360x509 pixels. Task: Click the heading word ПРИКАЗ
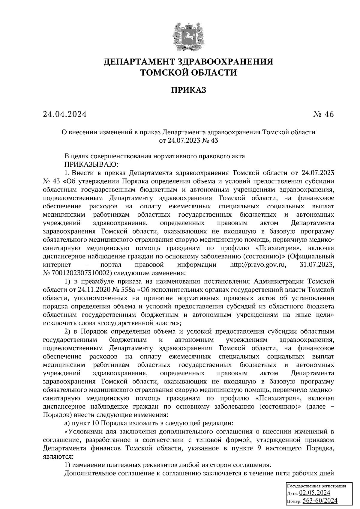point(188,90)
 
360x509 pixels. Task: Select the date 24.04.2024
point(65,115)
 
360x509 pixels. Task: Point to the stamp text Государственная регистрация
point(317,486)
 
